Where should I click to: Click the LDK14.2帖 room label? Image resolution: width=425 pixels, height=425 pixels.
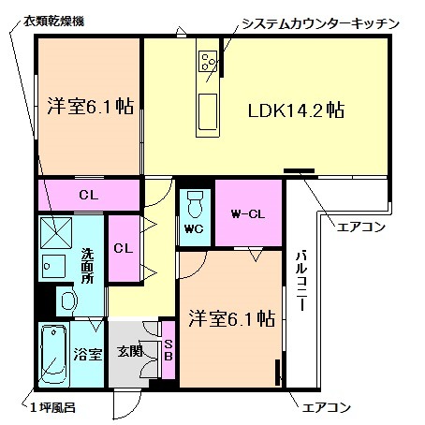(296, 110)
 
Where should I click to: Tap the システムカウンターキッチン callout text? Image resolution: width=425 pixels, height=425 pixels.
(319, 22)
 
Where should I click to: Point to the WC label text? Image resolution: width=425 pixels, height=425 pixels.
(194, 228)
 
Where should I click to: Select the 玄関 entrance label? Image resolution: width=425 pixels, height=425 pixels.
(129, 353)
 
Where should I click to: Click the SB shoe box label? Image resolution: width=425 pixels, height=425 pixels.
(169, 349)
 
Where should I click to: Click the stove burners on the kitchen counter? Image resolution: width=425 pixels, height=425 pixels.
(206, 62)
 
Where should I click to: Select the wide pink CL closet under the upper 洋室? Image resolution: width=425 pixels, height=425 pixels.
(88, 195)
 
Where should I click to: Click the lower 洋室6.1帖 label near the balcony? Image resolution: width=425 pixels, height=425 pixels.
(230, 317)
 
